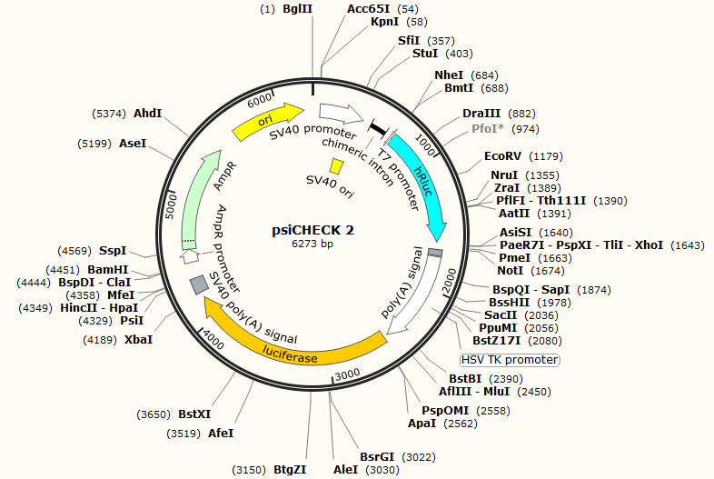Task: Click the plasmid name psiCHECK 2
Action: (313, 231)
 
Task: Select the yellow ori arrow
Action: (269, 121)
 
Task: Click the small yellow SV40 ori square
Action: (336, 166)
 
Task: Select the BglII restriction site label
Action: (298, 8)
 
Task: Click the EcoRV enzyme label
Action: (503, 156)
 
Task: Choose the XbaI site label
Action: (138, 339)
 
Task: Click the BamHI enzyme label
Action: (108, 269)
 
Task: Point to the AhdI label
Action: (147, 114)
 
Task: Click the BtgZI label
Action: (290, 470)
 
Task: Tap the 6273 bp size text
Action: (313, 244)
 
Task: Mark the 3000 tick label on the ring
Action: (347, 375)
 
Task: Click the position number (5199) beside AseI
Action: (95, 144)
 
